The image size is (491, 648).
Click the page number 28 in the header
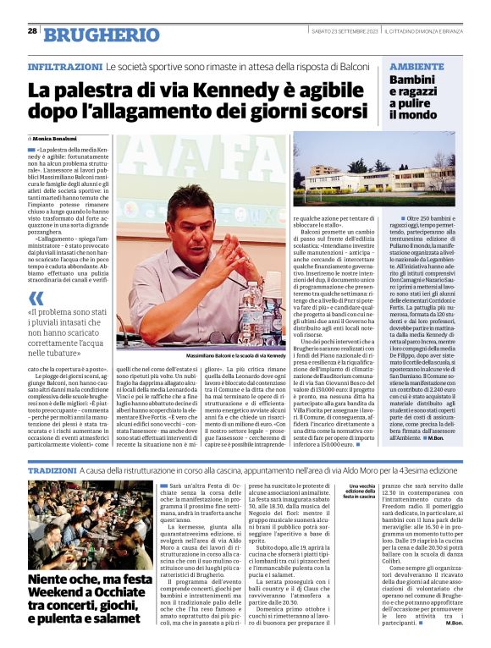32,30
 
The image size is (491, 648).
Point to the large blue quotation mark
36,299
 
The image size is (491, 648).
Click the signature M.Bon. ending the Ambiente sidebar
440,438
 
